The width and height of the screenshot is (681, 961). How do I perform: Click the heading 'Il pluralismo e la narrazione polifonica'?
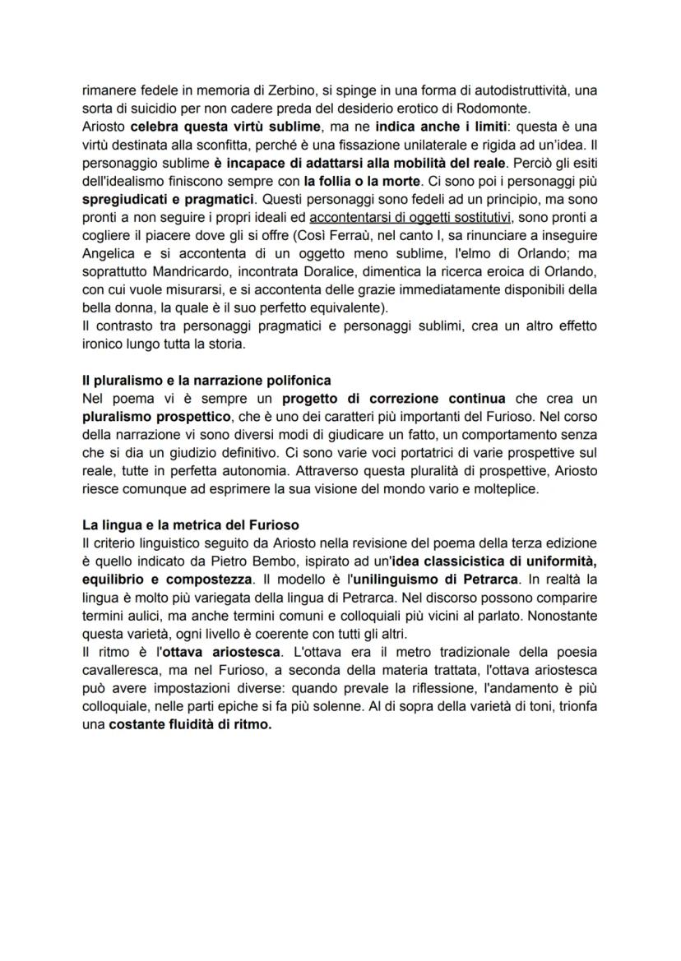tap(206, 380)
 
